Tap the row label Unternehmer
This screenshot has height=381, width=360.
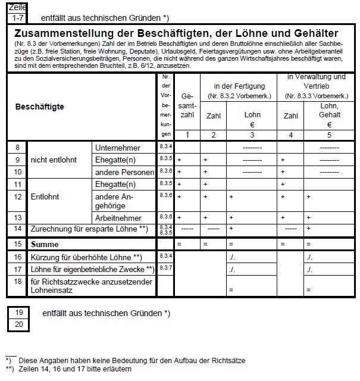[117, 148]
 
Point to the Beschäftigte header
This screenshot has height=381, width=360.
[39, 107]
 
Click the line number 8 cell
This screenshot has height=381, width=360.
[18, 148]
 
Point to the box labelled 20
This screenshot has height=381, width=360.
[18, 324]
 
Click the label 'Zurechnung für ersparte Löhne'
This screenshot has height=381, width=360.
[85, 229]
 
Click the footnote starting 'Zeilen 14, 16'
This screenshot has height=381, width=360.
[75, 369]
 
